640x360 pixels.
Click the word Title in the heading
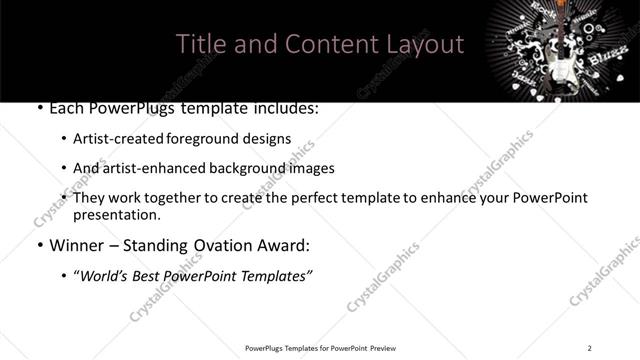pyautogui.click(x=200, y=45)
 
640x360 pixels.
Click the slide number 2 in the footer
pyautogui.click(x=589, y=347)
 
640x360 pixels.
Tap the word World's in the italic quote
pyautogui.click(x=107, y=275)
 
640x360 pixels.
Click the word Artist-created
pyautogui.click(x=121, y=139)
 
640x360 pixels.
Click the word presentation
pyautogui.click(x=115, y=215)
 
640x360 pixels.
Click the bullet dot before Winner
pyautogui.click(x=39, y=245)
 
